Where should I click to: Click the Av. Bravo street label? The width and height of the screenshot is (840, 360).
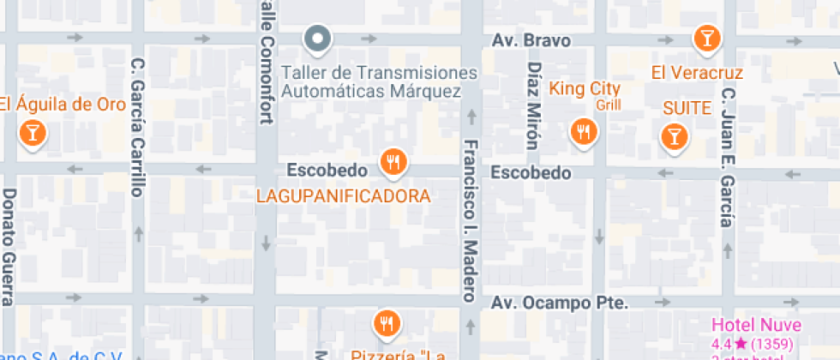[531, 40]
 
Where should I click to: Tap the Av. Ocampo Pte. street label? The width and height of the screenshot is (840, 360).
[561, 303]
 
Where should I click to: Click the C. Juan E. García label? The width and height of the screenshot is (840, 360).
[728, 157]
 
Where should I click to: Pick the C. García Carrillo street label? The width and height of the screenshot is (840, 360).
[137, 127]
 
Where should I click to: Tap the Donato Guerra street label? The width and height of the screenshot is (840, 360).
[9, 247]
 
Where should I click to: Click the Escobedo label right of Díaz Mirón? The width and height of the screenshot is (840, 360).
[531, 173]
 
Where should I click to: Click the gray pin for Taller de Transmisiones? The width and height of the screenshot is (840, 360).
[318, 38]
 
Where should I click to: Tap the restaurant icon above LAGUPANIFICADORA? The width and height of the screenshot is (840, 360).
[393, 161]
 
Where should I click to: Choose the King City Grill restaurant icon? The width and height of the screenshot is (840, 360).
[585, 131]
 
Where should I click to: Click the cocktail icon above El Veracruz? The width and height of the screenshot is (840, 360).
[705, 38]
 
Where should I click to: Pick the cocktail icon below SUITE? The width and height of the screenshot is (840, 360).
[674, 135]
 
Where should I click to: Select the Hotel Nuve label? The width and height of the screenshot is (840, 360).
[757, 325]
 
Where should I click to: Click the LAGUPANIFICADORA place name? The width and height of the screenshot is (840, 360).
[343, 196]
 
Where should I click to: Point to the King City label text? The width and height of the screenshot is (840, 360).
[585, 88]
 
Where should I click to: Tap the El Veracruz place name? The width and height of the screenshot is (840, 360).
[697, 73]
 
